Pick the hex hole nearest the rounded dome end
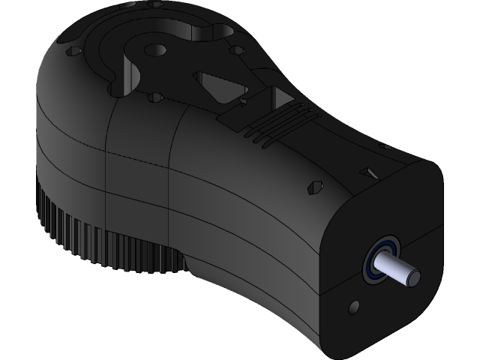(x=73, y=52)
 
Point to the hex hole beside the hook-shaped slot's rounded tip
(x=238, y=50)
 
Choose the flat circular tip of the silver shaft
(x=412, y=277)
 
